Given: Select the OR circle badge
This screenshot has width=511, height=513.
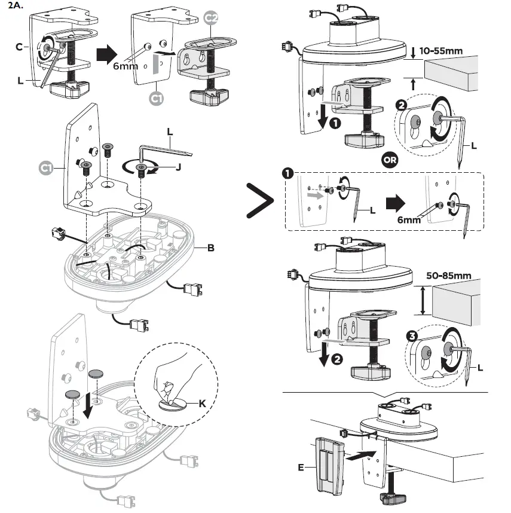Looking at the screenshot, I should (389, 160).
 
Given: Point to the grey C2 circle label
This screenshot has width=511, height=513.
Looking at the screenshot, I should (211, 19).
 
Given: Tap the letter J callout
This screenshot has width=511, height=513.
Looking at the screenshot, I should (178, 167).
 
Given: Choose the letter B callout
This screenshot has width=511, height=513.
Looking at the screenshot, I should (210, 247).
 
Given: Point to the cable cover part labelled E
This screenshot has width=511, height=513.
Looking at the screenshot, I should (327, 463).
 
